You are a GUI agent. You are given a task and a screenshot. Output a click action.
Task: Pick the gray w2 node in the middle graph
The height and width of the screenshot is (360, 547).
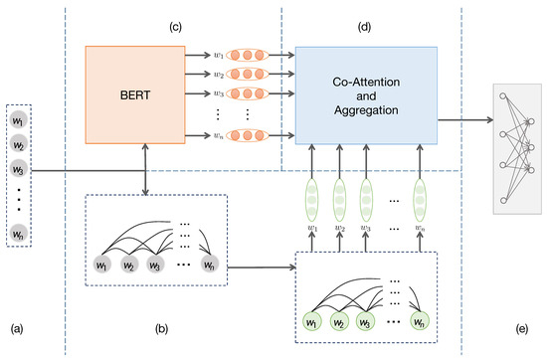tap(128, 266)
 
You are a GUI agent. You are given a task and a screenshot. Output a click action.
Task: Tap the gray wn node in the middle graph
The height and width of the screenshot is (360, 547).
tap(209, 266)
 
